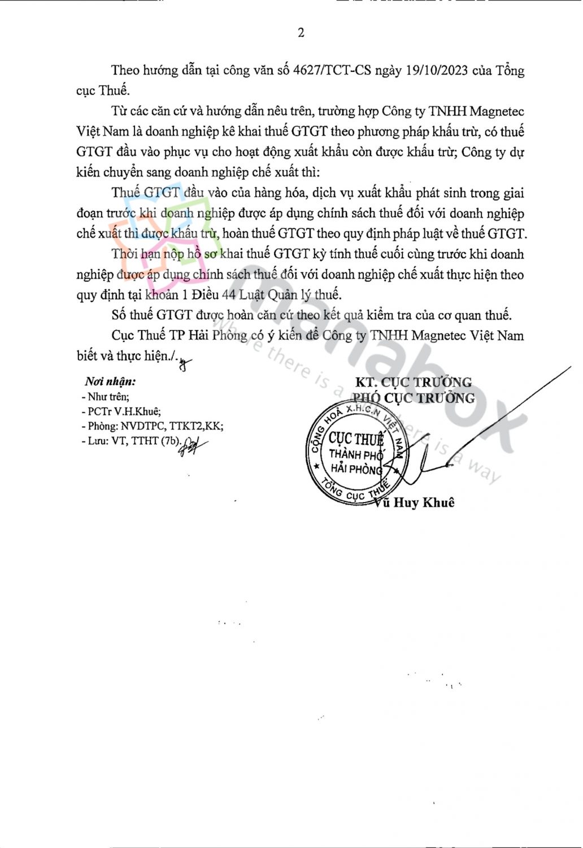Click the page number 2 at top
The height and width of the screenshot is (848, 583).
[301, 33]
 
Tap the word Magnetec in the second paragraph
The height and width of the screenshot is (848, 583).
[498, 111]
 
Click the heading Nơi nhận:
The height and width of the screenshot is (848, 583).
[110, 382]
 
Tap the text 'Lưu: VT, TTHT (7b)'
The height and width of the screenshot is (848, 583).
[130, 441]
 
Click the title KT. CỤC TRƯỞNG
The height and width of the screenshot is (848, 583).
[413, 382]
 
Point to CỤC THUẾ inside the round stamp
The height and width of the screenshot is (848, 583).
[356, 439]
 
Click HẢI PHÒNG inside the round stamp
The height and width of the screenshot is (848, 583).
[356, 469]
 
